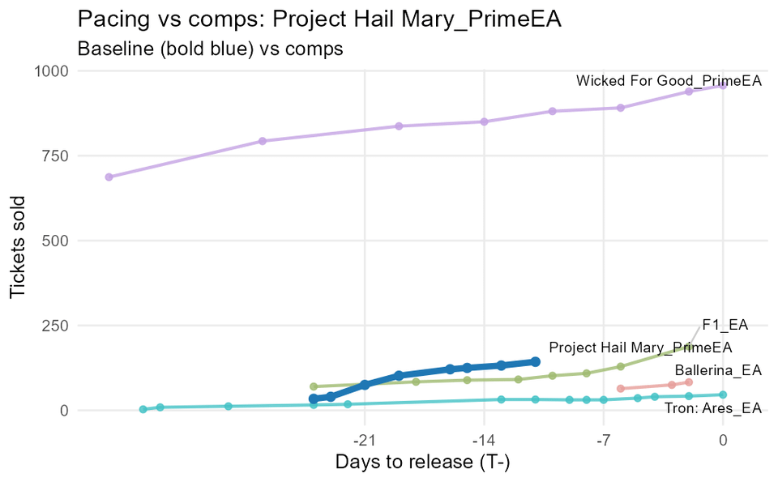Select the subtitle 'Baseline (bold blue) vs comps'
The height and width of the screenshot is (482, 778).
(210, 49)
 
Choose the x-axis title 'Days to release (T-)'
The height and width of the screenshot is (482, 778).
(421, 463)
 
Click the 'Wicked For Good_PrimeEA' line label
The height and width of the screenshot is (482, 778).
(669, 81)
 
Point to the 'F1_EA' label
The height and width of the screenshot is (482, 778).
(725, 325)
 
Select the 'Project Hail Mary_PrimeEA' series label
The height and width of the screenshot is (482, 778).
(640, 348)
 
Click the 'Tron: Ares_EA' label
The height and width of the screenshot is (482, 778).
(713, 408)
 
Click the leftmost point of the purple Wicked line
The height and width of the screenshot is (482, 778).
(109, 177)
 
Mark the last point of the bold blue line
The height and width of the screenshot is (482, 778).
(536, 361)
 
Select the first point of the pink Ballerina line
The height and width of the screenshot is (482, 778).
(621, 389)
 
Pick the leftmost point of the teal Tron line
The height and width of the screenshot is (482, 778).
(143, 409)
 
